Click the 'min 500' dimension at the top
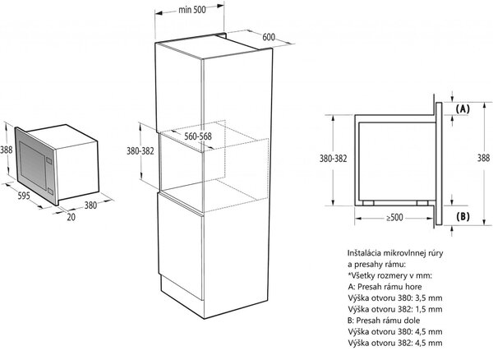click(x=191, y=10)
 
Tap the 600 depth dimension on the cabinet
click(x=269, y=37)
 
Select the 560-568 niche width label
click(x=198, y=136)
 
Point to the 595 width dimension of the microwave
click(x=24, y=196)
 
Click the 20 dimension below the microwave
click(x=71, y=217)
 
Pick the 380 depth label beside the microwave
click(x=90, y=205)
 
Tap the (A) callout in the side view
click(x=463, y=108)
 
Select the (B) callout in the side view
click(x=463, y=216)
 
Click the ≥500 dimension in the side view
click(x=394, y=217)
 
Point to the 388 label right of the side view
click(x=483, y=158)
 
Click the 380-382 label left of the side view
click(x=333, y=159)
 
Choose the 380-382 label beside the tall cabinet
click(x=141, y=151)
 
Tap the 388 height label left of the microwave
click(x=6, y=150)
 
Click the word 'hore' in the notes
click(x=412, y=286)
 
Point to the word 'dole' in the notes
click(x=411, y=321)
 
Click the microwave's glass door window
click(x=32, y=165)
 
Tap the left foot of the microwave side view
click(x=368, y=203)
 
